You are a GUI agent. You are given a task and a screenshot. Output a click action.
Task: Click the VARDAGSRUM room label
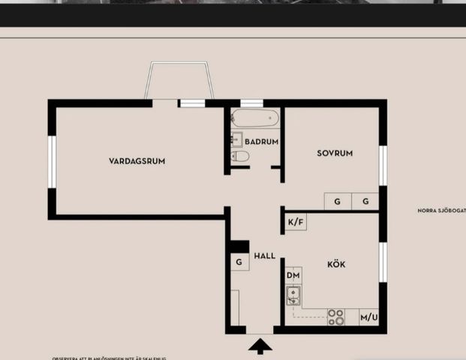point(137,160)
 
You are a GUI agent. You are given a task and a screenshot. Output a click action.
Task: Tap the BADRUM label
point(261,141)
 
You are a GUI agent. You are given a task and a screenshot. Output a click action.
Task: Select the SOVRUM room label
point(334,153)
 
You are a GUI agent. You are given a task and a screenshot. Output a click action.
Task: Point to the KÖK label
point(336,264)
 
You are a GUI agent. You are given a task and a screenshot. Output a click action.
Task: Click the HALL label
point(264,256)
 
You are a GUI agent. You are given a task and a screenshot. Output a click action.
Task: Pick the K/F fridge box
point(296,222)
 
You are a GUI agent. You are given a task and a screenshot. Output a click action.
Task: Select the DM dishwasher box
point(293,275)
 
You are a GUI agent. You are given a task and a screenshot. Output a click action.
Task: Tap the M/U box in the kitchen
point(368,318)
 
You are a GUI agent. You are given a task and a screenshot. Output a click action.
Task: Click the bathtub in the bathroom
point(255,118)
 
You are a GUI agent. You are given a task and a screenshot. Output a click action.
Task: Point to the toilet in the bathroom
point(240,156)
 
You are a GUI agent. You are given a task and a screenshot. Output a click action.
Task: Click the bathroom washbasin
point(236,139)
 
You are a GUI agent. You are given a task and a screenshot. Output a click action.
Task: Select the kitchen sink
point(293,295)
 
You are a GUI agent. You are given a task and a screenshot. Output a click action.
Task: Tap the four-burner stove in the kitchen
point(336,317)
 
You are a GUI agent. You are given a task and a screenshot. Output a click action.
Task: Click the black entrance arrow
point(260,346)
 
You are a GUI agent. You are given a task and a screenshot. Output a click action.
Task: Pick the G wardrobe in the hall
point(239,262)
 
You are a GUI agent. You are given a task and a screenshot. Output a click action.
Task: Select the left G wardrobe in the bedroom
point(338,201)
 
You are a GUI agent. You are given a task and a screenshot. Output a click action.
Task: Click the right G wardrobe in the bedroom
point(365,201)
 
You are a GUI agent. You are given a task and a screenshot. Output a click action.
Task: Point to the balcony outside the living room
point(181,80)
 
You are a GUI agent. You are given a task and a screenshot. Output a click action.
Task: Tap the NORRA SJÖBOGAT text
point(442,211)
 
